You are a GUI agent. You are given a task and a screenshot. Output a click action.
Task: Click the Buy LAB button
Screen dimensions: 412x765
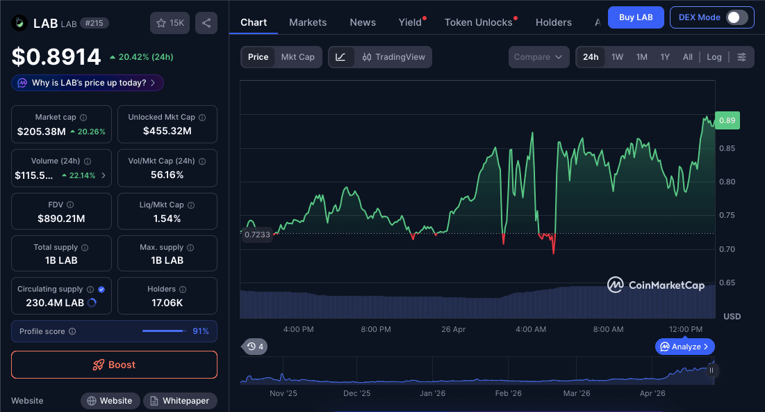635,17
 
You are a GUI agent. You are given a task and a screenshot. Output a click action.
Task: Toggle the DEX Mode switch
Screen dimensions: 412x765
737,17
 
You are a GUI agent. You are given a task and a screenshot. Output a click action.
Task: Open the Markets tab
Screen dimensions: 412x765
308,22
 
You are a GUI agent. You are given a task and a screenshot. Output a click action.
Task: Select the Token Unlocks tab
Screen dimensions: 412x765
478,22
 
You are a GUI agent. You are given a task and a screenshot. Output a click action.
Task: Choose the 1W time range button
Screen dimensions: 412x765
617,57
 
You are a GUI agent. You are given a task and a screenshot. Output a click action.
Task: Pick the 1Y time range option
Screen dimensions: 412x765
665,57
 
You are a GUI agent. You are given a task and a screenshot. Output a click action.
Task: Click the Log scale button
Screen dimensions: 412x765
714,57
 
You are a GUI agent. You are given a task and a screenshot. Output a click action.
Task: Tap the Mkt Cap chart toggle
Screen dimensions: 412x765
297,57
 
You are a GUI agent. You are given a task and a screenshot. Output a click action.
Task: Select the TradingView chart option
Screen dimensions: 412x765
393,57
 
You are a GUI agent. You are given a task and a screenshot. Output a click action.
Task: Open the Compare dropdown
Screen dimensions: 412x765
538,57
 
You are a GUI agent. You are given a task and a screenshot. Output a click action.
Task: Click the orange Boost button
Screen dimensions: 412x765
114,365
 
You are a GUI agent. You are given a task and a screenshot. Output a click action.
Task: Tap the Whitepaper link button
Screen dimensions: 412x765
180,401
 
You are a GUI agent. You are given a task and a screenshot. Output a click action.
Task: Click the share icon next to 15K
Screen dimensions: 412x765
206,23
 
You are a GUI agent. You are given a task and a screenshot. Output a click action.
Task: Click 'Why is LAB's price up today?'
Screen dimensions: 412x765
88,83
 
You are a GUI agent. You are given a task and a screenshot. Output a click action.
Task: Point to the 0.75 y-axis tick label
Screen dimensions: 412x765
727,216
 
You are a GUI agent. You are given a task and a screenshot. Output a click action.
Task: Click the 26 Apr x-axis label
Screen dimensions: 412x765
453,329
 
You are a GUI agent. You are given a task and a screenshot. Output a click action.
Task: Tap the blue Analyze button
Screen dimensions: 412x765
684,346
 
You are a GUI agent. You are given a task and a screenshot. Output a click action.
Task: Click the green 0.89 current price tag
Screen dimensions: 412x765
727,120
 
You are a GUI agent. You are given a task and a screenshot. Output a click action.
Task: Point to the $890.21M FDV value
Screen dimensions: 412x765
61,219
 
